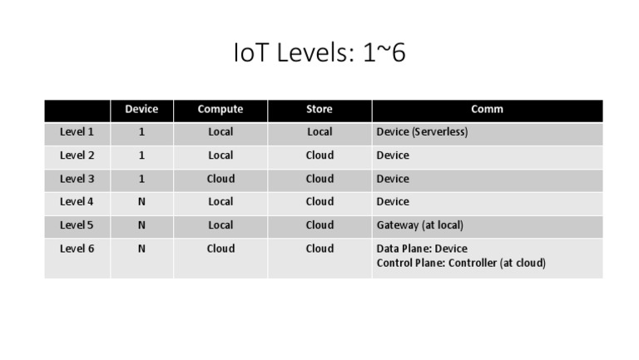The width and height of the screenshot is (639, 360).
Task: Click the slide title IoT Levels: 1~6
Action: (319, 53)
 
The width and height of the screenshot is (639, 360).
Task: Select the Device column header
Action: (141, 109)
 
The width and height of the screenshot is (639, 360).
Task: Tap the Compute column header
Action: (220, 109)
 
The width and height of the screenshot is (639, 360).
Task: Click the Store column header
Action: (319, 109)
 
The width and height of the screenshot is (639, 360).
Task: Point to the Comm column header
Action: (487, 109)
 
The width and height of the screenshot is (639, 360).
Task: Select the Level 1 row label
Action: (77, 132)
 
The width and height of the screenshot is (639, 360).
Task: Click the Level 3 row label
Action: (77, 179)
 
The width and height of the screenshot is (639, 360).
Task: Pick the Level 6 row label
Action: (77, 249)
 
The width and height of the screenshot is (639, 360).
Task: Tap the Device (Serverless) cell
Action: (422, 132)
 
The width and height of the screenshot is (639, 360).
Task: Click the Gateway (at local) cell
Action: (419, 225)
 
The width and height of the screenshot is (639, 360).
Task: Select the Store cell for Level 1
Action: (319, 132)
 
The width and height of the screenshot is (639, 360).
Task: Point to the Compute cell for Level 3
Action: (220, 179)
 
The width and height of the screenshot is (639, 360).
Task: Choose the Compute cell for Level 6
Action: (220, 249)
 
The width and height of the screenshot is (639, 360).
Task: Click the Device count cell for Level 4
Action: (141, 202)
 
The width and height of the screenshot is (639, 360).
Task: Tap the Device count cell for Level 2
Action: (141, 155)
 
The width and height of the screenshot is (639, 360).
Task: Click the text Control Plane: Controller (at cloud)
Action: (461, 263)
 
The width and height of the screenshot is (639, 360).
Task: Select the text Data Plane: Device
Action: (422, 249)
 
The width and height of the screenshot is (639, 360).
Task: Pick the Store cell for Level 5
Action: (319, 225)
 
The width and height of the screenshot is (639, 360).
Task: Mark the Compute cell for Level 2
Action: (220, 155)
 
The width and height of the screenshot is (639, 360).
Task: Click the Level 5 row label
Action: (77, 225)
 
